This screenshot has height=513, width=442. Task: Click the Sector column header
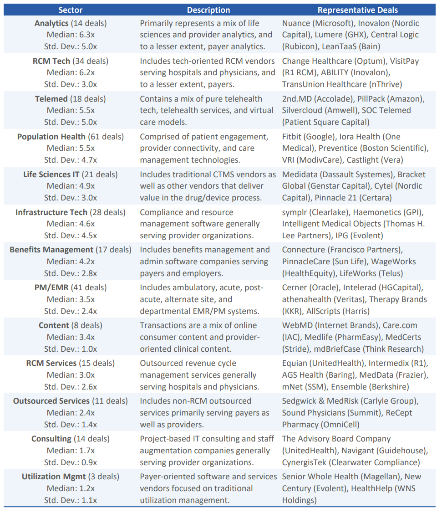coord(71,10)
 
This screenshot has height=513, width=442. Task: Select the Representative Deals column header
coord(357,10)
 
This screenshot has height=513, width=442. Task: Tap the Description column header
coord(208,10)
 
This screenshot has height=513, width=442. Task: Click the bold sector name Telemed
coord(51,99)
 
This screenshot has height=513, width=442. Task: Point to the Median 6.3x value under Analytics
coord(71,35)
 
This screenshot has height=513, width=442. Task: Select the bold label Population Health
coord(51,137)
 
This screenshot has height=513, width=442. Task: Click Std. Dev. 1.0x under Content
coord(71,349)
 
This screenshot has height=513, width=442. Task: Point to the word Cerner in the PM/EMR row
coord(295,287)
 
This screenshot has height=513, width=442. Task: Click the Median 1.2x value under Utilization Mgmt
coord(71,488)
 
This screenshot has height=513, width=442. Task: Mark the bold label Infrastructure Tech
coord(51,212)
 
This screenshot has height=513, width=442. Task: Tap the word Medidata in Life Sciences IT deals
coord(300,174)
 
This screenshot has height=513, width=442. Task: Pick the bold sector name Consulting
coord(51,439)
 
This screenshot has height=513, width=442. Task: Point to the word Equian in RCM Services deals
coord(295,363)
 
